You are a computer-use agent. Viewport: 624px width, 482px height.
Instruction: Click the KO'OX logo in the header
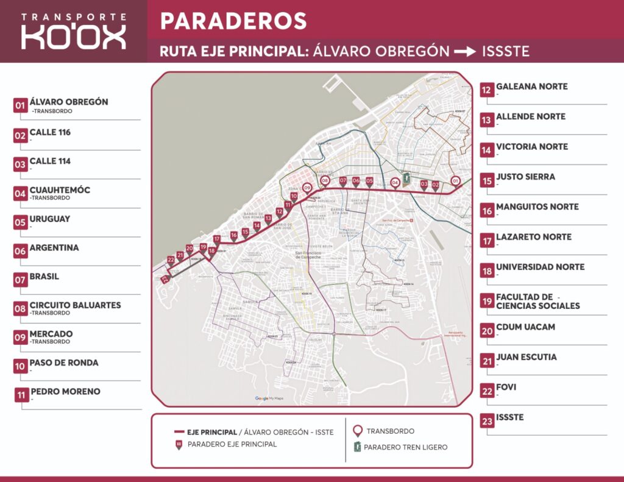pos(73,31)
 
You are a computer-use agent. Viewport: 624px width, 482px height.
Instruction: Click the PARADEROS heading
pos(233,21)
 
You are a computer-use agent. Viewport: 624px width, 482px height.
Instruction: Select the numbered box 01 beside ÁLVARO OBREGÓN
pos(20,106)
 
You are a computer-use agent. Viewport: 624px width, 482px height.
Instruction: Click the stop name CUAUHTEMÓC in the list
pos(60,190)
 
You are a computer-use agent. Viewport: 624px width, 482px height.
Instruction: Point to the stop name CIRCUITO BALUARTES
pos(75,305)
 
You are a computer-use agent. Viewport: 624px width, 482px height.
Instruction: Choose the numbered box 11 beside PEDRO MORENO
pos(22,395)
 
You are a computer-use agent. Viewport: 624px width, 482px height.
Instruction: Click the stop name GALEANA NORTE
pos(531,87)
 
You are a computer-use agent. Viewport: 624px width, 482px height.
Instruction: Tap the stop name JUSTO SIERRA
pos(525,177)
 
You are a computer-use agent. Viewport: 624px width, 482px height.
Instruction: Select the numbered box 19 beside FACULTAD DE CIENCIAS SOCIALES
pos(487,301)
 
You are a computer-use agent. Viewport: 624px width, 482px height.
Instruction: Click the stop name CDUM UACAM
pos(525,327)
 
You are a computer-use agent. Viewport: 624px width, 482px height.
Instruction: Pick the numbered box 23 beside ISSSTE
pos(487,422)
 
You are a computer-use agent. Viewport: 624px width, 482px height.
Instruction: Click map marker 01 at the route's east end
pos(455,180)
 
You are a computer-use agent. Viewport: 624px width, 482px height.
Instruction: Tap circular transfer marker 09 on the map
pos(307,188)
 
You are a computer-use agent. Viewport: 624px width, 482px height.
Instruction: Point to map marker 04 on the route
pos(395,182)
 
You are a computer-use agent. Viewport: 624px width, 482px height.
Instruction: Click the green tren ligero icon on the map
pos(406,181)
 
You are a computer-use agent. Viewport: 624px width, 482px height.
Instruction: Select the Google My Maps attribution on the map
pos(270,399)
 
